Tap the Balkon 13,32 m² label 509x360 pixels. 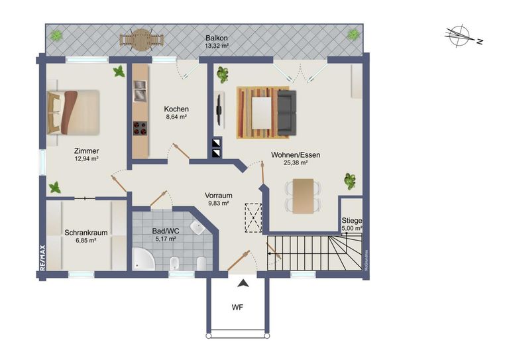click(x=217, y=42)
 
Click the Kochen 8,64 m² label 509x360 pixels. click(x=176, y=113)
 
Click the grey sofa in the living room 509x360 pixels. click(x=286, y=111)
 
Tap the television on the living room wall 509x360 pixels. click(x=219, y=111)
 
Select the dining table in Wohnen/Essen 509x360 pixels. click(x=303, y=196)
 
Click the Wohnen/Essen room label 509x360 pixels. click(x=295, y=158)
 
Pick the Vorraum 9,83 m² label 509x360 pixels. click(x=218, y=200)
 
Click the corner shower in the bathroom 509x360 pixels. click(x=142, y=259)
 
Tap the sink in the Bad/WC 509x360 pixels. click(x=197, y=229)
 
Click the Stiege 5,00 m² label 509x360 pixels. click(x=351, y=224)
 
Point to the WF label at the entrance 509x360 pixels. click(x=237, y=308)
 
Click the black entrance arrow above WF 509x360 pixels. click(x=244, y=283)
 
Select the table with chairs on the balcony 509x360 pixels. click(x=140, y=39)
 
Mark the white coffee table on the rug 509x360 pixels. click(x=262, y=112)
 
